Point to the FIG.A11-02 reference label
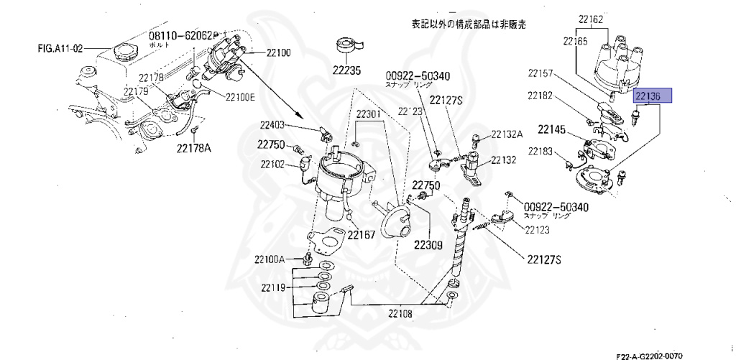coord(60,50)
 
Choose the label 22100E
coord(240,98)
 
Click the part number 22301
coord(371,115)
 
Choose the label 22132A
coord(507,134)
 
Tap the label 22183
coord(540,151)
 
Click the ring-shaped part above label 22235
coord(348,45)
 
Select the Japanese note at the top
coord(468,24)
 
